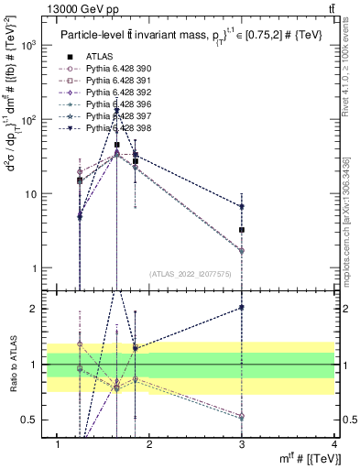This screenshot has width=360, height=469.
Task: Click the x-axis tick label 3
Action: point(242,445)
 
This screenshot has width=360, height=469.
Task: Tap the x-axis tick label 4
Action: point(333,445)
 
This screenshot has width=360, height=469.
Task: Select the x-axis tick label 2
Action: point(149,445)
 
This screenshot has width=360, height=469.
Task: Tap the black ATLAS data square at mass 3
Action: point(242,230)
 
